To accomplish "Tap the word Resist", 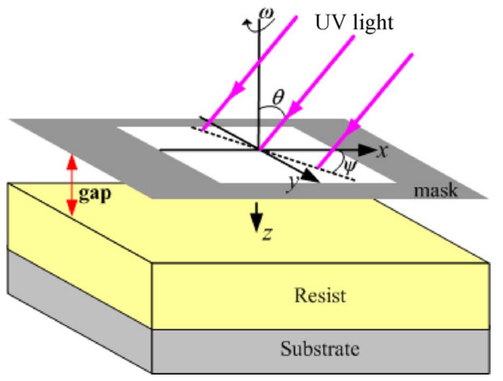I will coord(321,295).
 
